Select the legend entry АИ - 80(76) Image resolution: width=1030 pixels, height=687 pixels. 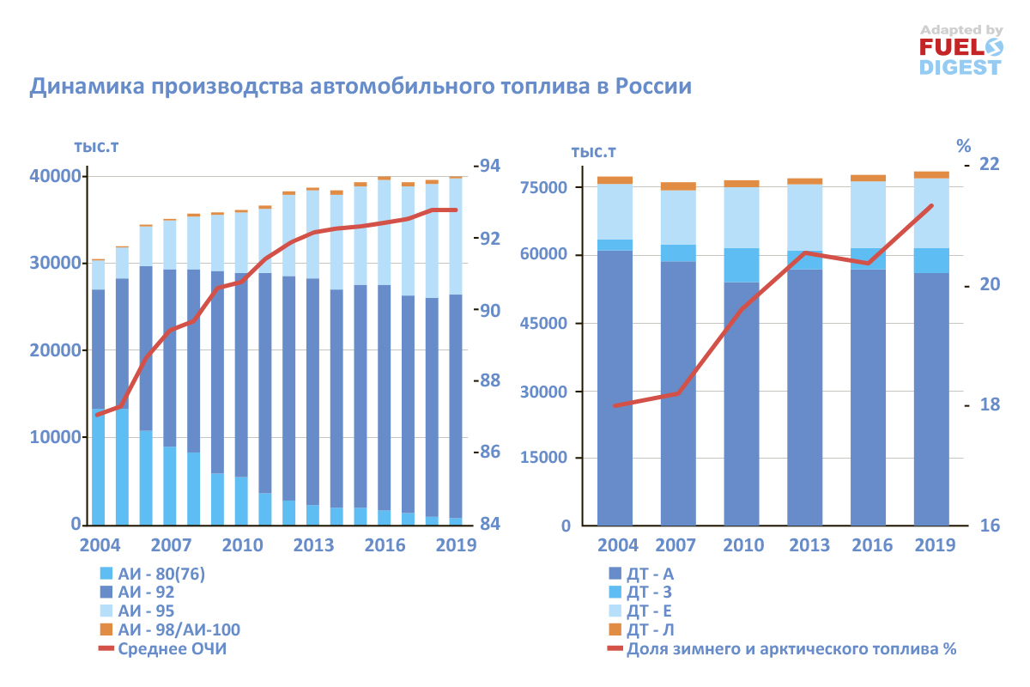[x=162, y=574]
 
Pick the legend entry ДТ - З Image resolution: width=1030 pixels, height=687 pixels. [x=650, y=592]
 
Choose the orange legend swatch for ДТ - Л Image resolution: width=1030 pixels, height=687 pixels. [x=615, y=629]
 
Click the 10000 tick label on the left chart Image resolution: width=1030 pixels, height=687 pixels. [x=52, y=437]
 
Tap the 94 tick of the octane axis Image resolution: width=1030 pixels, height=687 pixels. [x=490, y=165]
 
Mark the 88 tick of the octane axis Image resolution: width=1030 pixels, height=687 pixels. [x=490, y=380]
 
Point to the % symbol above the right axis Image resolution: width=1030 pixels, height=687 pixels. [x=963, y=143]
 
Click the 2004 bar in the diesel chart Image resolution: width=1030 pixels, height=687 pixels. [x=615, y=361]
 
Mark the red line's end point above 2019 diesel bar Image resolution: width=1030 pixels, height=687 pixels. [x=932, y=205]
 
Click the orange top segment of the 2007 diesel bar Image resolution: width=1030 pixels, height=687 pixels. [x=678, y=185]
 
